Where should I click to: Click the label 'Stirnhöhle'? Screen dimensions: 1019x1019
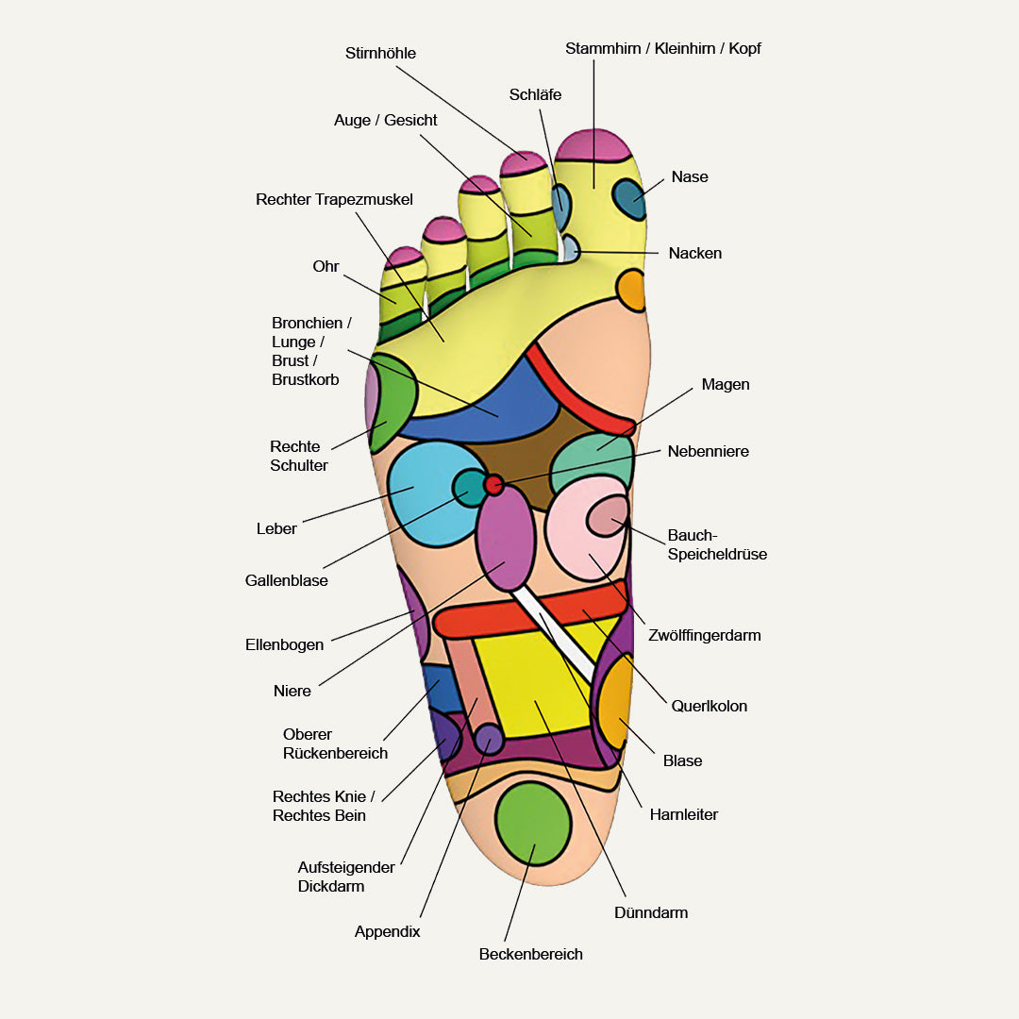click(x=380, y=54)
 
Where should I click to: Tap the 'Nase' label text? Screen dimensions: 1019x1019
click(x=689, y=177)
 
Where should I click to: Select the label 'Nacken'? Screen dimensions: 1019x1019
click(x=694, y=254)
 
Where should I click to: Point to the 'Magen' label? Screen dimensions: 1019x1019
click(x=726, y=385)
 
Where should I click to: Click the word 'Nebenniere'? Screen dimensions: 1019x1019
click(x=708, y=452)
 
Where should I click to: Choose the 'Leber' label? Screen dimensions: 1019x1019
click(x=276, y=529)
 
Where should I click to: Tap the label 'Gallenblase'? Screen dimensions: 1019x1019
click(x=287, y=581)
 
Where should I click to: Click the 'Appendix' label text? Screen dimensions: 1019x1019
click(x=387, y=932)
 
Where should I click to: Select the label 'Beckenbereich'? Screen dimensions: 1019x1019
click(x=530, y=955)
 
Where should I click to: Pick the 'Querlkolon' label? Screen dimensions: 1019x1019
click(x=709, y=707)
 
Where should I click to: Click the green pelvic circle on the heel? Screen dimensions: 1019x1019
click(x=533, y=822)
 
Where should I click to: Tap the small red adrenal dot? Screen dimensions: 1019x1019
click(x=493, y=485)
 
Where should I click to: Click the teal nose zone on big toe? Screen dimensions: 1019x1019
click(x=627, y=198)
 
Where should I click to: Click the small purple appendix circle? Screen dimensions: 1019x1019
click(x=489, y=739)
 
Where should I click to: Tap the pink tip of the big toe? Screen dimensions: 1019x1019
click(x=593, y=145)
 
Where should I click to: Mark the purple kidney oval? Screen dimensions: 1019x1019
click(x=506, y=537)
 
